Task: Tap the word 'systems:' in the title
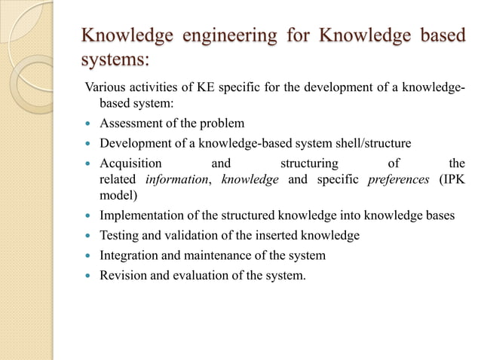point(115,59)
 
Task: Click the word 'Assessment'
point(132,124)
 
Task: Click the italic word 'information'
point(175,179)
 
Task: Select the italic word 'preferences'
point(397,179)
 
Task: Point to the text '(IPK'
point(452,179)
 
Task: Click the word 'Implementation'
point(142,215)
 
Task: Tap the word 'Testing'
point(119,236)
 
